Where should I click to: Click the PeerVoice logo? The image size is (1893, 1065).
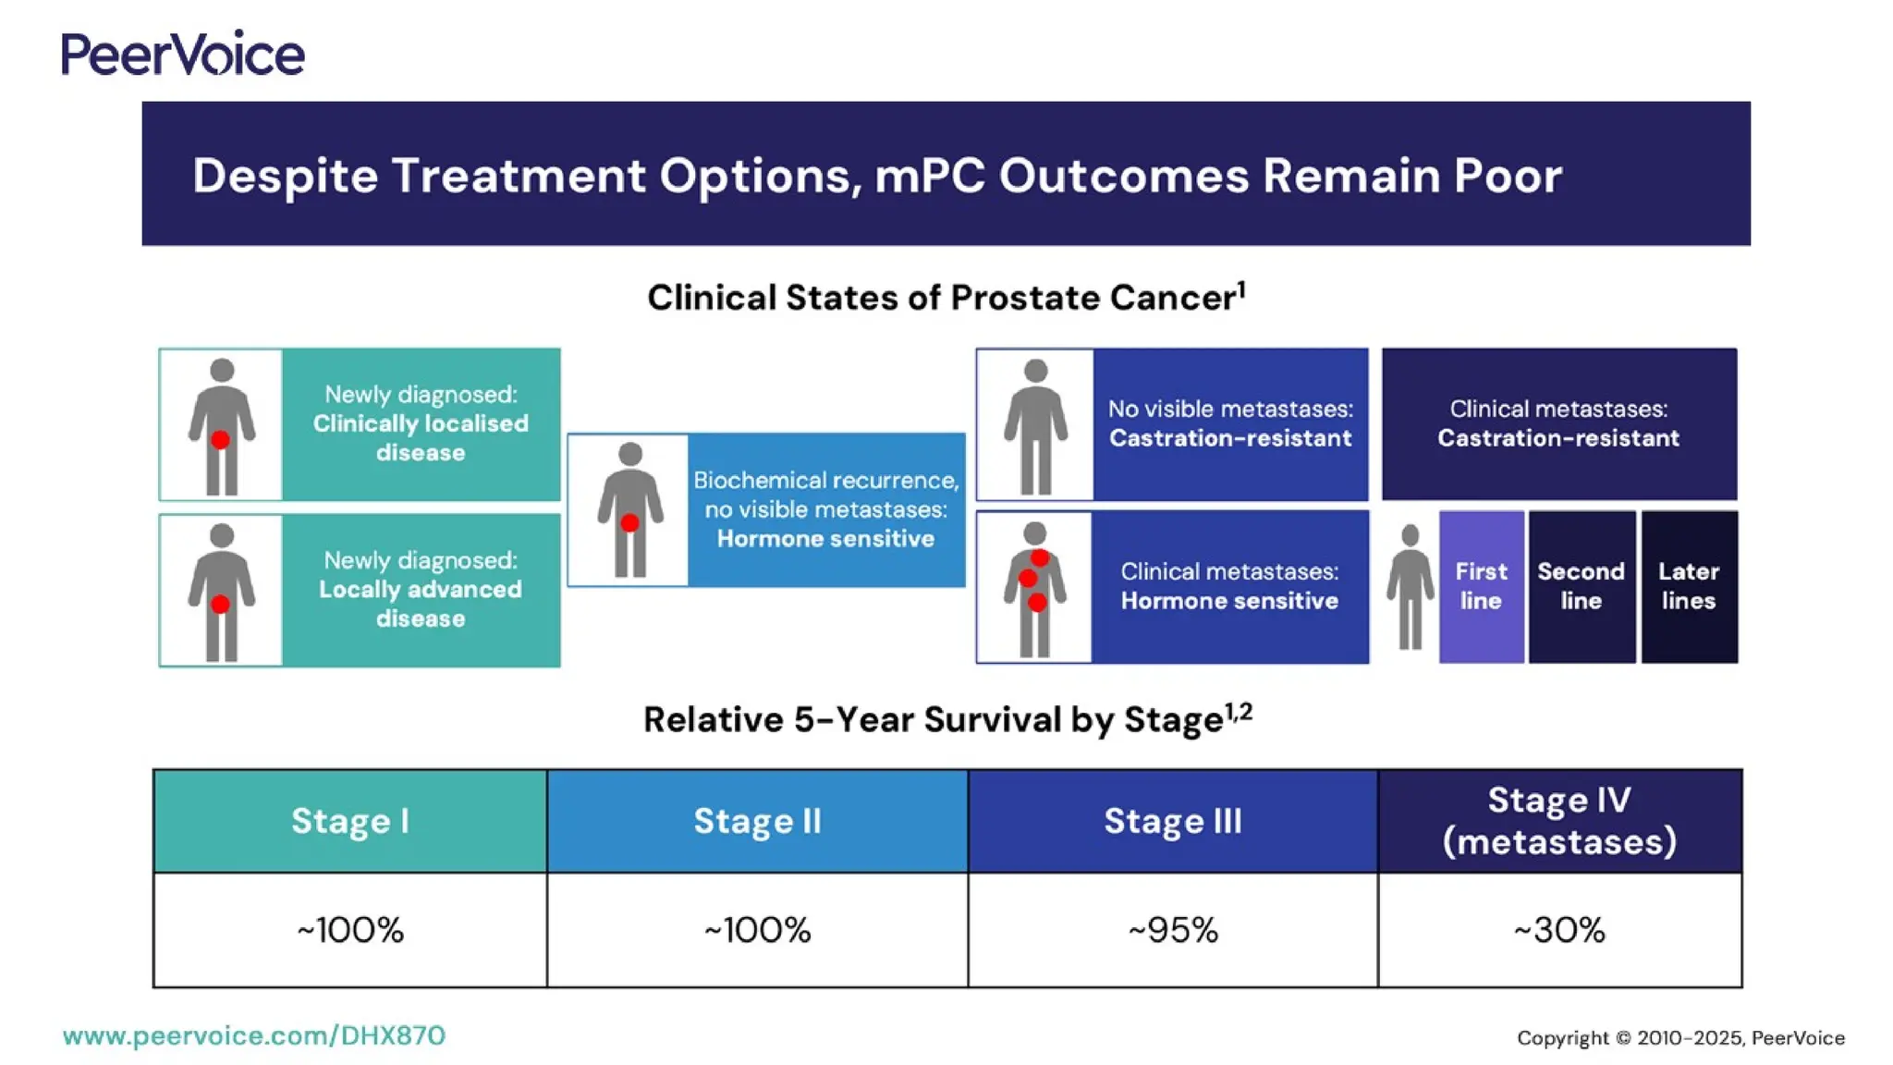pyautogui.click(x=183, y=54)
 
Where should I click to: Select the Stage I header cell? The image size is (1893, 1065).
pyautogui.click(x=350, y=821)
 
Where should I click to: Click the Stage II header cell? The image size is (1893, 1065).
pyautogui.click(x=757, y=821)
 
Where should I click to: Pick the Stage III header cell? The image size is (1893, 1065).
pyautogui.click(x=1173, y=821)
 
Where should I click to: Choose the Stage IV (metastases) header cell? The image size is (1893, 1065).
pyautogui.click(x=1560, y=821)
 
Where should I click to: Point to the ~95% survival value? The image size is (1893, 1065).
pyautogui.click(x=1173, y=930)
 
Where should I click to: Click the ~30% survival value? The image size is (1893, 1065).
pyautogui.click(x=1559, y=930)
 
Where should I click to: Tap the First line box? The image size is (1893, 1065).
pyautogui.click(x=1481, y=587)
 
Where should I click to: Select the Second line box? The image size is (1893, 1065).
pyautogui.click(x=1582, y=587)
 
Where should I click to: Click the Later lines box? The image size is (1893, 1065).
pyautogui.click(x=1689, y=587)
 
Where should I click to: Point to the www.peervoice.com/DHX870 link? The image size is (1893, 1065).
pyautogui.click(x=254, y=1036)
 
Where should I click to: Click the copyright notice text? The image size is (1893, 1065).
pyautogui.click(x=1680, y=1038)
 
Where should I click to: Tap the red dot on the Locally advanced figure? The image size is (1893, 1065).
pyautogui.click(x=220, y=605)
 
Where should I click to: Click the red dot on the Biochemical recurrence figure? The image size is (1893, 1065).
pyautogui.click(x=629, y=523)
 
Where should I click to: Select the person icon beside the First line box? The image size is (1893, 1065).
pyautogui.click(x=1410, y=587)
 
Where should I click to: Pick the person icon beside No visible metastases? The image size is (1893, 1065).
pyautogui.click(x=1035, y=426)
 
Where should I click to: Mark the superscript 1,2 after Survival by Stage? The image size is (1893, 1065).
pyautogui.click(x=1239, y=711)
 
